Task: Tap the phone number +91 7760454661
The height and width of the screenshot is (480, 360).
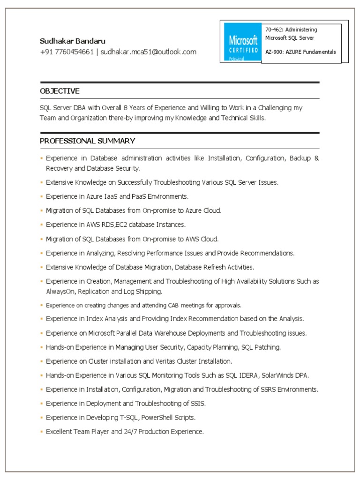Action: [x=67, y=52]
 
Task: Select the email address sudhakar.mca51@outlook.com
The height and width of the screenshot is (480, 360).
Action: [x=148, y=52]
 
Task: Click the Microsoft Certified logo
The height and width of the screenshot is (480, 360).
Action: [x=242, y=42]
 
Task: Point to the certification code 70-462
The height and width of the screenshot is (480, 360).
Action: [x=273, y=30]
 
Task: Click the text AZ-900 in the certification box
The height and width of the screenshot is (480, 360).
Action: [x=274, y=52]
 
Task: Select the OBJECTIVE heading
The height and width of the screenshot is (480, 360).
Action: [x=60, y=91]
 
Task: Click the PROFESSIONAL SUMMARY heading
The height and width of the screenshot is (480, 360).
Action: [x=87, y=141]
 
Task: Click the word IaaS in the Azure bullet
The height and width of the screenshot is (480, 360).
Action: [x=120, y=196]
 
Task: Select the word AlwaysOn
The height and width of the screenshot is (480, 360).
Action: [x=60, y=292]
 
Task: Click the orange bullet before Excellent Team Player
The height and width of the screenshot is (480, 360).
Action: [x=42, y=432]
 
